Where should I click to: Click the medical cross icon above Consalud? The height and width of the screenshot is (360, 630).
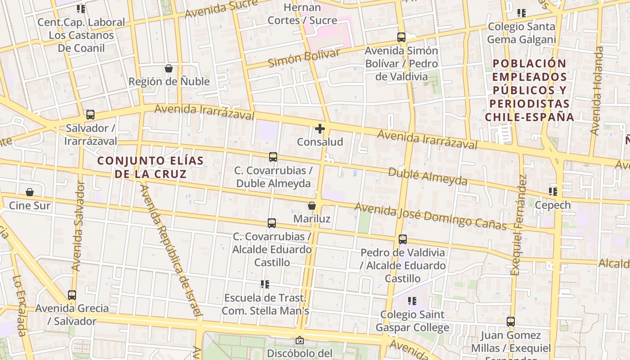pos(320,129)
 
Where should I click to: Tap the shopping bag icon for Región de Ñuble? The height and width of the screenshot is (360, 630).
pos(169,68)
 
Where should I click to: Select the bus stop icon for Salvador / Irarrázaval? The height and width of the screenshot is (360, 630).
pos(90,115)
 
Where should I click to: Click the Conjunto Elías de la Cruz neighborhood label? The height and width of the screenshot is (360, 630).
pos(150,167)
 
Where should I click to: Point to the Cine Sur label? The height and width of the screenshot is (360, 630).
pos(30,206)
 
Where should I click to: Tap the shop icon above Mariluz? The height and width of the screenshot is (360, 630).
pos(311,206)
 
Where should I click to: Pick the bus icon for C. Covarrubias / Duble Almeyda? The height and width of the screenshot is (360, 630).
pos(273,157)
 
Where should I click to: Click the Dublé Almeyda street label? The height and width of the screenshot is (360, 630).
pos(427,176)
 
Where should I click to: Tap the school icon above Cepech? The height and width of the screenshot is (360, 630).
pos(553,192)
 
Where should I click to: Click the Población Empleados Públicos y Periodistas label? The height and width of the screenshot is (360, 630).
pos(529,90)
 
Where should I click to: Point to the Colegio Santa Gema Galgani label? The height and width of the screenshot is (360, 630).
pos(522,33)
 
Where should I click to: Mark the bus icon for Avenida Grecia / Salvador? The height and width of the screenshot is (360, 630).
pos(72,295)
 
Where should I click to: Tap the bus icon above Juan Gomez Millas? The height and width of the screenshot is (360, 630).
pos(511,322)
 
